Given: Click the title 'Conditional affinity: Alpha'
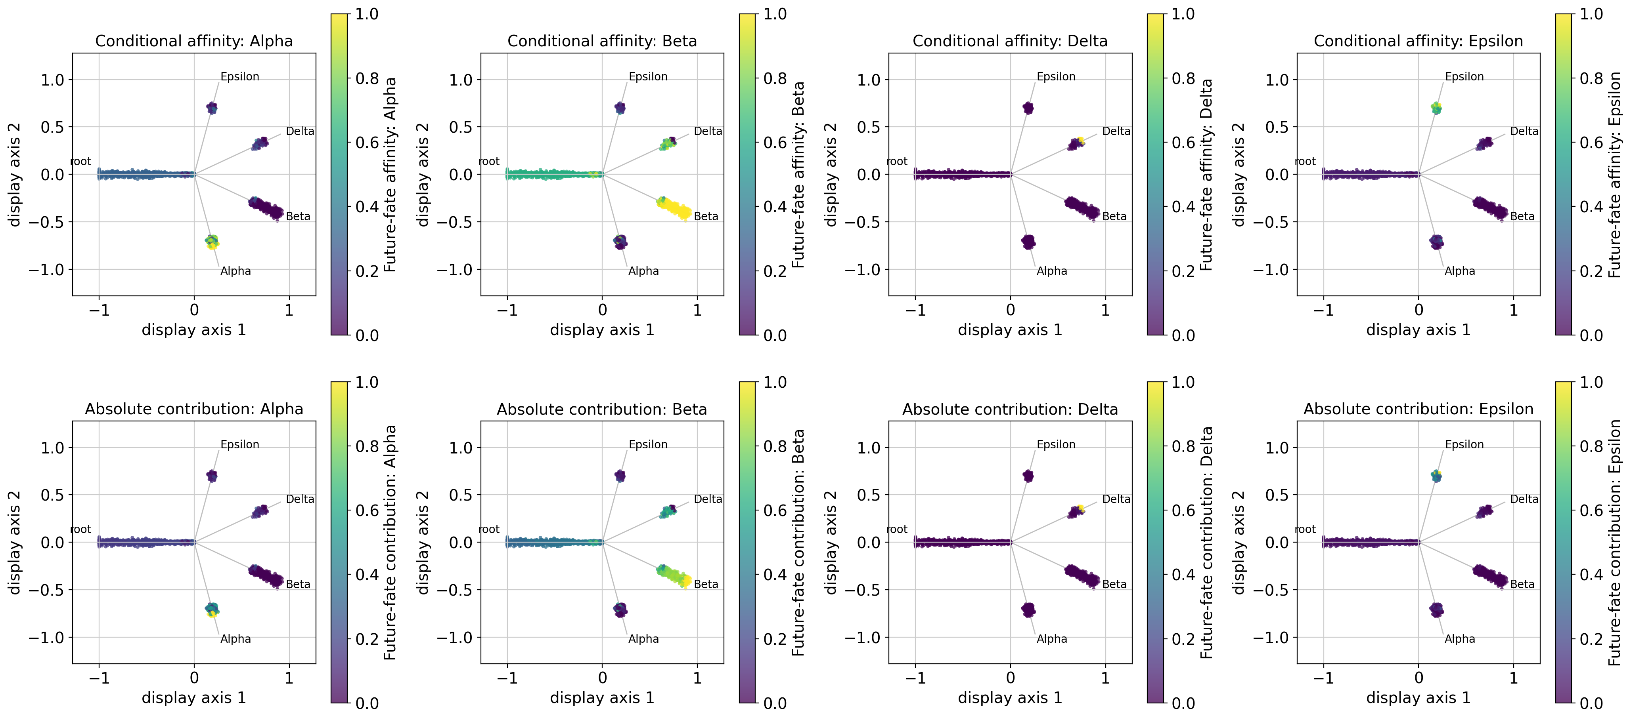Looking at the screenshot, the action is [194, 41].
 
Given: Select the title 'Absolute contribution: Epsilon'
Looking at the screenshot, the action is [1418, 410].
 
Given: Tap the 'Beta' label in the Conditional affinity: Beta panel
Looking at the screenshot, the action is [706, 216].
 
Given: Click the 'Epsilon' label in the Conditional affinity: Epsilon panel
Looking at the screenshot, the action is [1464, 76].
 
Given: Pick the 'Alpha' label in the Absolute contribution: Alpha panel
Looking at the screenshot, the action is [235, 639].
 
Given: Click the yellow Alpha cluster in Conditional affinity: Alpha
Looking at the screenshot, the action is [212, 241].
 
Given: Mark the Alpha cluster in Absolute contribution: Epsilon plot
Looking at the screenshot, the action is [1437, 610].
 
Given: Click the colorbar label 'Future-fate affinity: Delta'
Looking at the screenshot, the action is [1206, 175].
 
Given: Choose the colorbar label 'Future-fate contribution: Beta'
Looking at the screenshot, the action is [798, 542].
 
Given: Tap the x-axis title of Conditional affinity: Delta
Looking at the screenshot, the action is [1010, 330].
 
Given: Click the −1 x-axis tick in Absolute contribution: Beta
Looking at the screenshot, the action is [507, 678].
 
